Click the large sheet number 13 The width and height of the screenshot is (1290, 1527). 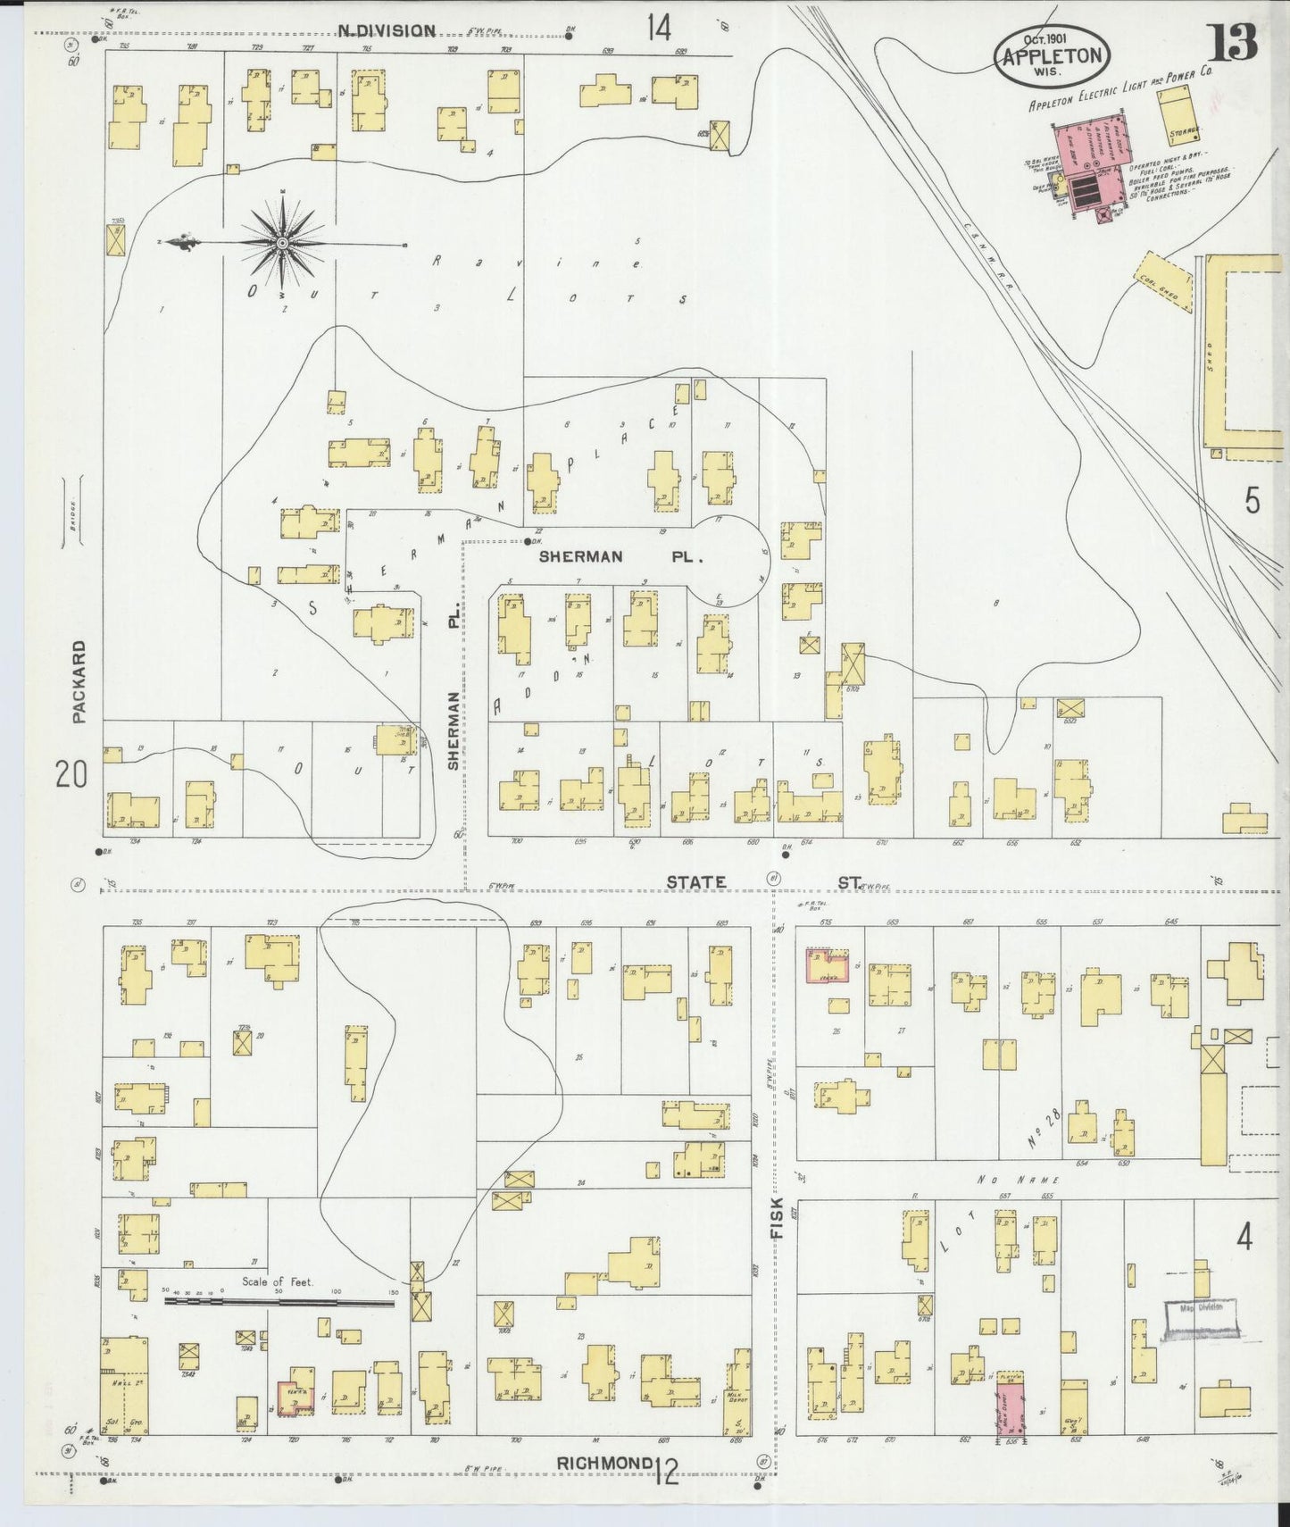(1234, 42)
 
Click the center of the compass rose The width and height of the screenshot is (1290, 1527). (282, 242)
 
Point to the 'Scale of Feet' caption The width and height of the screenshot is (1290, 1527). (278, 1282)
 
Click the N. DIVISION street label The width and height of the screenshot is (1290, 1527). (386, 31)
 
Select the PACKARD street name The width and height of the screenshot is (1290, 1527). (79, 680)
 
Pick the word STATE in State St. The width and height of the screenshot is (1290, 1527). (695, 882)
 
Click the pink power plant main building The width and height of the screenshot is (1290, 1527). (1090, 150)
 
